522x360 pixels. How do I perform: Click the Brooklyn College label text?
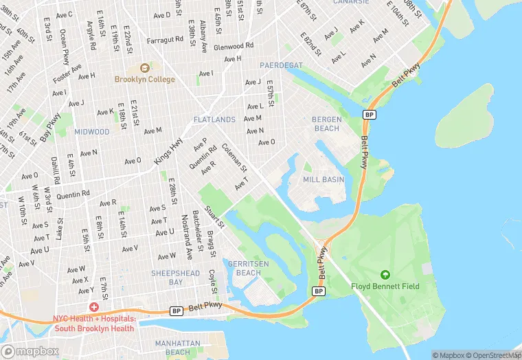coord(144,79)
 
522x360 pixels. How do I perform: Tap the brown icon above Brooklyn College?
coord(144,68)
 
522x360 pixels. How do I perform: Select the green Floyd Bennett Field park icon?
coord(385,275)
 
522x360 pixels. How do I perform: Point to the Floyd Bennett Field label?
coord(385,286)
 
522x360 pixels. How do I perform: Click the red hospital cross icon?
coord(93,307)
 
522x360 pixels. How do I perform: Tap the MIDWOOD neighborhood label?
coord(92,131)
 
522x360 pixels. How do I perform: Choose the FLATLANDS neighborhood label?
coord(214,120)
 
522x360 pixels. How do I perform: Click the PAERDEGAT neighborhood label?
coord(282,65)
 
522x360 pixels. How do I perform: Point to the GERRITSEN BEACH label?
coord(244,268)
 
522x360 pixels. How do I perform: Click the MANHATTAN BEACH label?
coord(177,348)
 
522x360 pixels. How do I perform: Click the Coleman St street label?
coord(234,157)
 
